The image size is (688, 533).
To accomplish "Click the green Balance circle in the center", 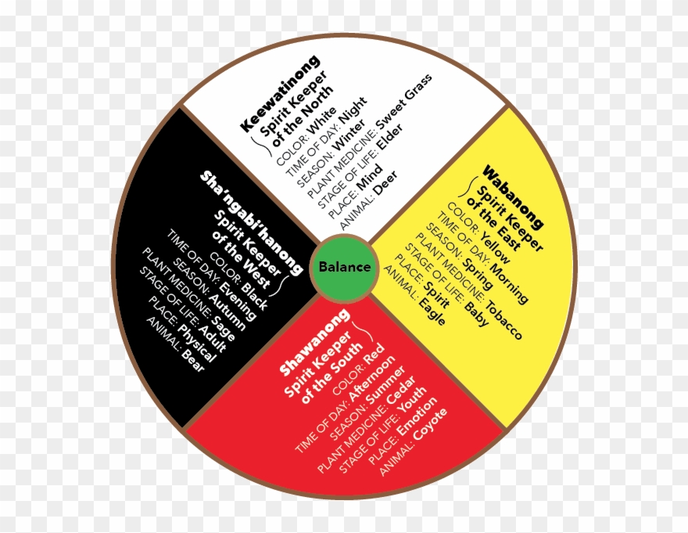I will (x=344, y=267).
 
